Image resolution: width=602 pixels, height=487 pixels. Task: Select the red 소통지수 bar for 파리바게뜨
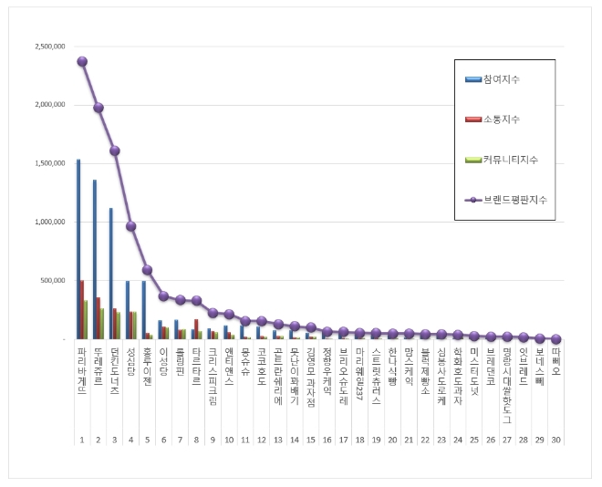pyautogui.click(x=82, y=309)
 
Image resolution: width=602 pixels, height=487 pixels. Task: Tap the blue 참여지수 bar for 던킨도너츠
pyautogui.click(x=111, y=273)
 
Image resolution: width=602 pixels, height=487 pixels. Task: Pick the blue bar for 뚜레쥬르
pyautogui.click(x=95, y=259)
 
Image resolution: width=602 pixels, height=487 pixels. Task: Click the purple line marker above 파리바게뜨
pyautogui.click(x=82, y=61)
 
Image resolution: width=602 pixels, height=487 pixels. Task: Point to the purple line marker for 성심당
pyautogui.click(x=131, y=226)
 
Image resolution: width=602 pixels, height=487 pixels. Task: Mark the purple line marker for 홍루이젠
pyautogui.click(x=148, y=270)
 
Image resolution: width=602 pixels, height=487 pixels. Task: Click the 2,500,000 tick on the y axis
pyautogui.click(x=48, y=47)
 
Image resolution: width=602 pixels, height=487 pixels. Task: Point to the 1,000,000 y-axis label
pyautogui.click(x=48, y=222)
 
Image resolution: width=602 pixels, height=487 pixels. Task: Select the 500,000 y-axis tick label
pyautogui.click(x=52, y=280)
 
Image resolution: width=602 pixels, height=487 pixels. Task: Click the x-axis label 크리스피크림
pyautogui.click(x=213, y=372)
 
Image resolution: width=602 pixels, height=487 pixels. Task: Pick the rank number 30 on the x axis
pyautogui.click(x=556, y=440)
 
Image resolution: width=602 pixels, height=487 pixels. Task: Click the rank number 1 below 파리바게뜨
pyautogui.click(x=82, y=440)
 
